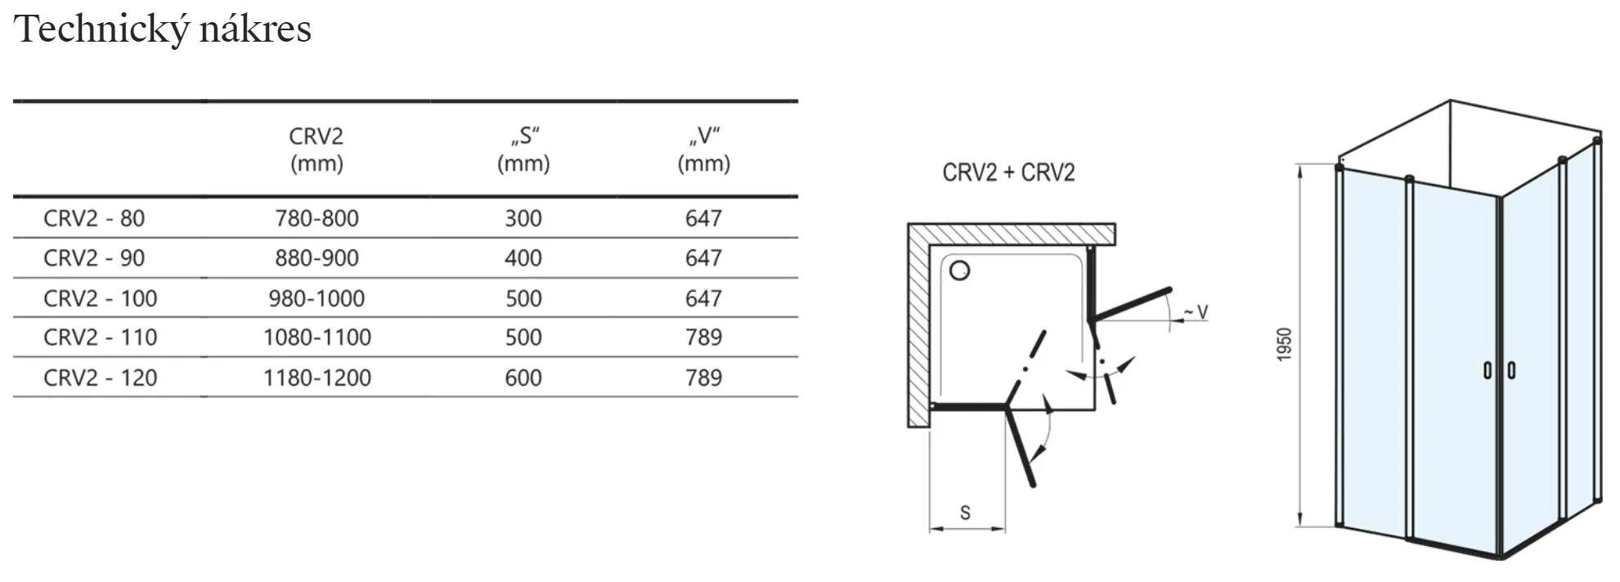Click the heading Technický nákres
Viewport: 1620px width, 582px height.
163,29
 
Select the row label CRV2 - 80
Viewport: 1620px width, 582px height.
94,218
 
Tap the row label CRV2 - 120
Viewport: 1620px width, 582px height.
100,378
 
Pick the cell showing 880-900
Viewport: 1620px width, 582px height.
316,258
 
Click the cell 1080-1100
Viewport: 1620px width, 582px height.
316,338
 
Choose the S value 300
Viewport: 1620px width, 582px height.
523,218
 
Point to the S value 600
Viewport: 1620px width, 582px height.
523,378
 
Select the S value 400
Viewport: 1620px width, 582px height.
523,258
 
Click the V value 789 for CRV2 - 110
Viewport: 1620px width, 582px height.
703,338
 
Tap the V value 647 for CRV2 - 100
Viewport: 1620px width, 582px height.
703,298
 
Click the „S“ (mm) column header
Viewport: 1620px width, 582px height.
523,150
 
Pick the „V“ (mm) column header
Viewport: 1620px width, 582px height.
703,150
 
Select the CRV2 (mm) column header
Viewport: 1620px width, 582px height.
316,150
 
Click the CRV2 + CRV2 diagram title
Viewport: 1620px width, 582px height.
1008,173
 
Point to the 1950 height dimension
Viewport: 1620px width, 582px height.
1285,344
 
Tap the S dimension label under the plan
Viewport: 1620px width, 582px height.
965,513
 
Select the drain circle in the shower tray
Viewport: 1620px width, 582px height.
960,271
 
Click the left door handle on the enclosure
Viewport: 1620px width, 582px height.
1488,370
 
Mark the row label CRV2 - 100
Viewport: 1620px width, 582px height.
100,298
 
